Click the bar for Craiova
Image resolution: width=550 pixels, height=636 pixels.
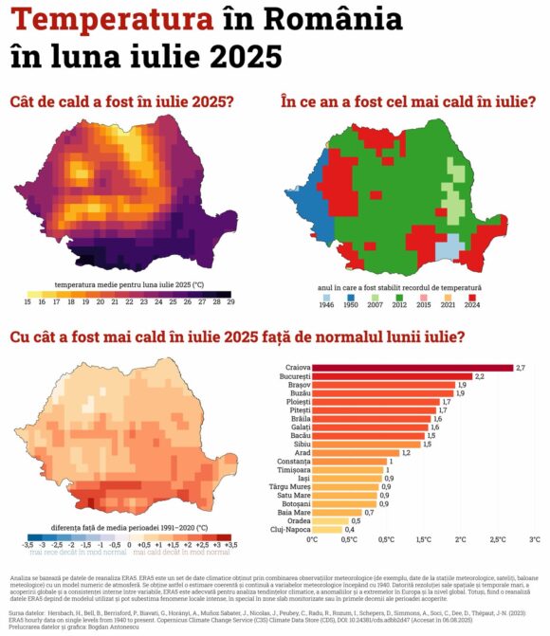coord(412,367)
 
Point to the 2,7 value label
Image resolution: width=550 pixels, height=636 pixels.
coord(521,367)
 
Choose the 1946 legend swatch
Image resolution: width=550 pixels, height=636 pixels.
coord(328,296)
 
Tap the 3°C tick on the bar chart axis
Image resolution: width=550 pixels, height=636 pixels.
coord(535,539)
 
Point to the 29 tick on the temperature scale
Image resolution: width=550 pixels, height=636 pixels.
coord(229,301)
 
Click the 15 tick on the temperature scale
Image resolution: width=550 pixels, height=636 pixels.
coord(28,301)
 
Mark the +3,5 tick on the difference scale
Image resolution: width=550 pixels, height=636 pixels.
coord(229,545)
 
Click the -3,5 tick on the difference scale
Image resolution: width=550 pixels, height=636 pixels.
coord(27,545)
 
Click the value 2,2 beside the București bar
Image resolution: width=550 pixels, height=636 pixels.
coord(480,376)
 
